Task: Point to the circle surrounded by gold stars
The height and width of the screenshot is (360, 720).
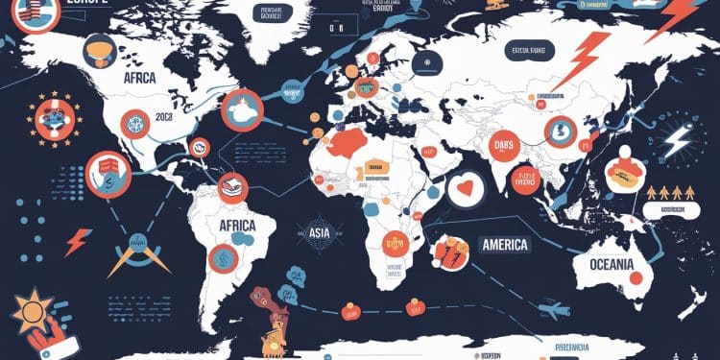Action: click(x=52, y=120)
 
